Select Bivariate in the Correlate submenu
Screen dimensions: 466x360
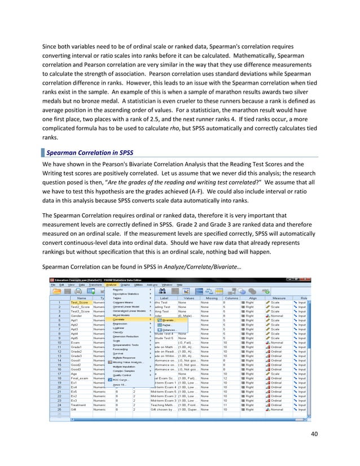(x=166, y=320)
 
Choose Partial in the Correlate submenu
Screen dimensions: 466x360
(x=164, y=325)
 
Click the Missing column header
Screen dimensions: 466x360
(x=211, y=298)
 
